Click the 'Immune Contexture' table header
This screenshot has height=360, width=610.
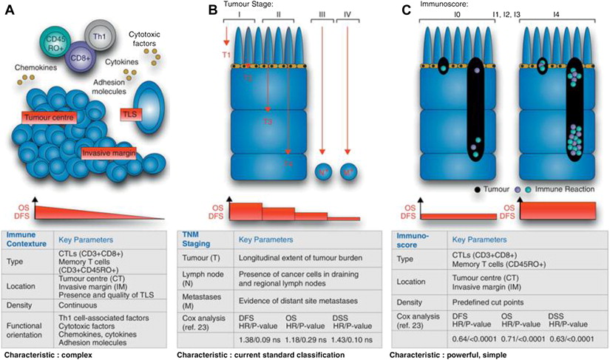(x=26, y=240)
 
